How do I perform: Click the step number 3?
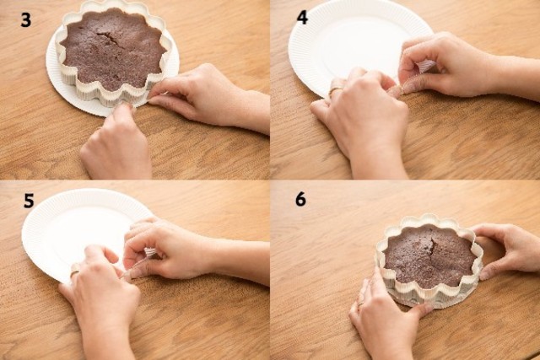(26, 20)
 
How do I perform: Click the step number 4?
(302, 18)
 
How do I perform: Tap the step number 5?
(29, 201)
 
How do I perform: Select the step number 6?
(300, 199)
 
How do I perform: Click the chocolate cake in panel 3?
(113, 51)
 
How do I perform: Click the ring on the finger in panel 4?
(335, 91)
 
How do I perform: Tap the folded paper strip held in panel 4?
(425, 66)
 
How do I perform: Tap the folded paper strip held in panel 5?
(150, 252)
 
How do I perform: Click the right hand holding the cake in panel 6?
(506, 246)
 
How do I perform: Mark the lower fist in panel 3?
(116, 144)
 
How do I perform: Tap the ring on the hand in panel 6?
(360, 304)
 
